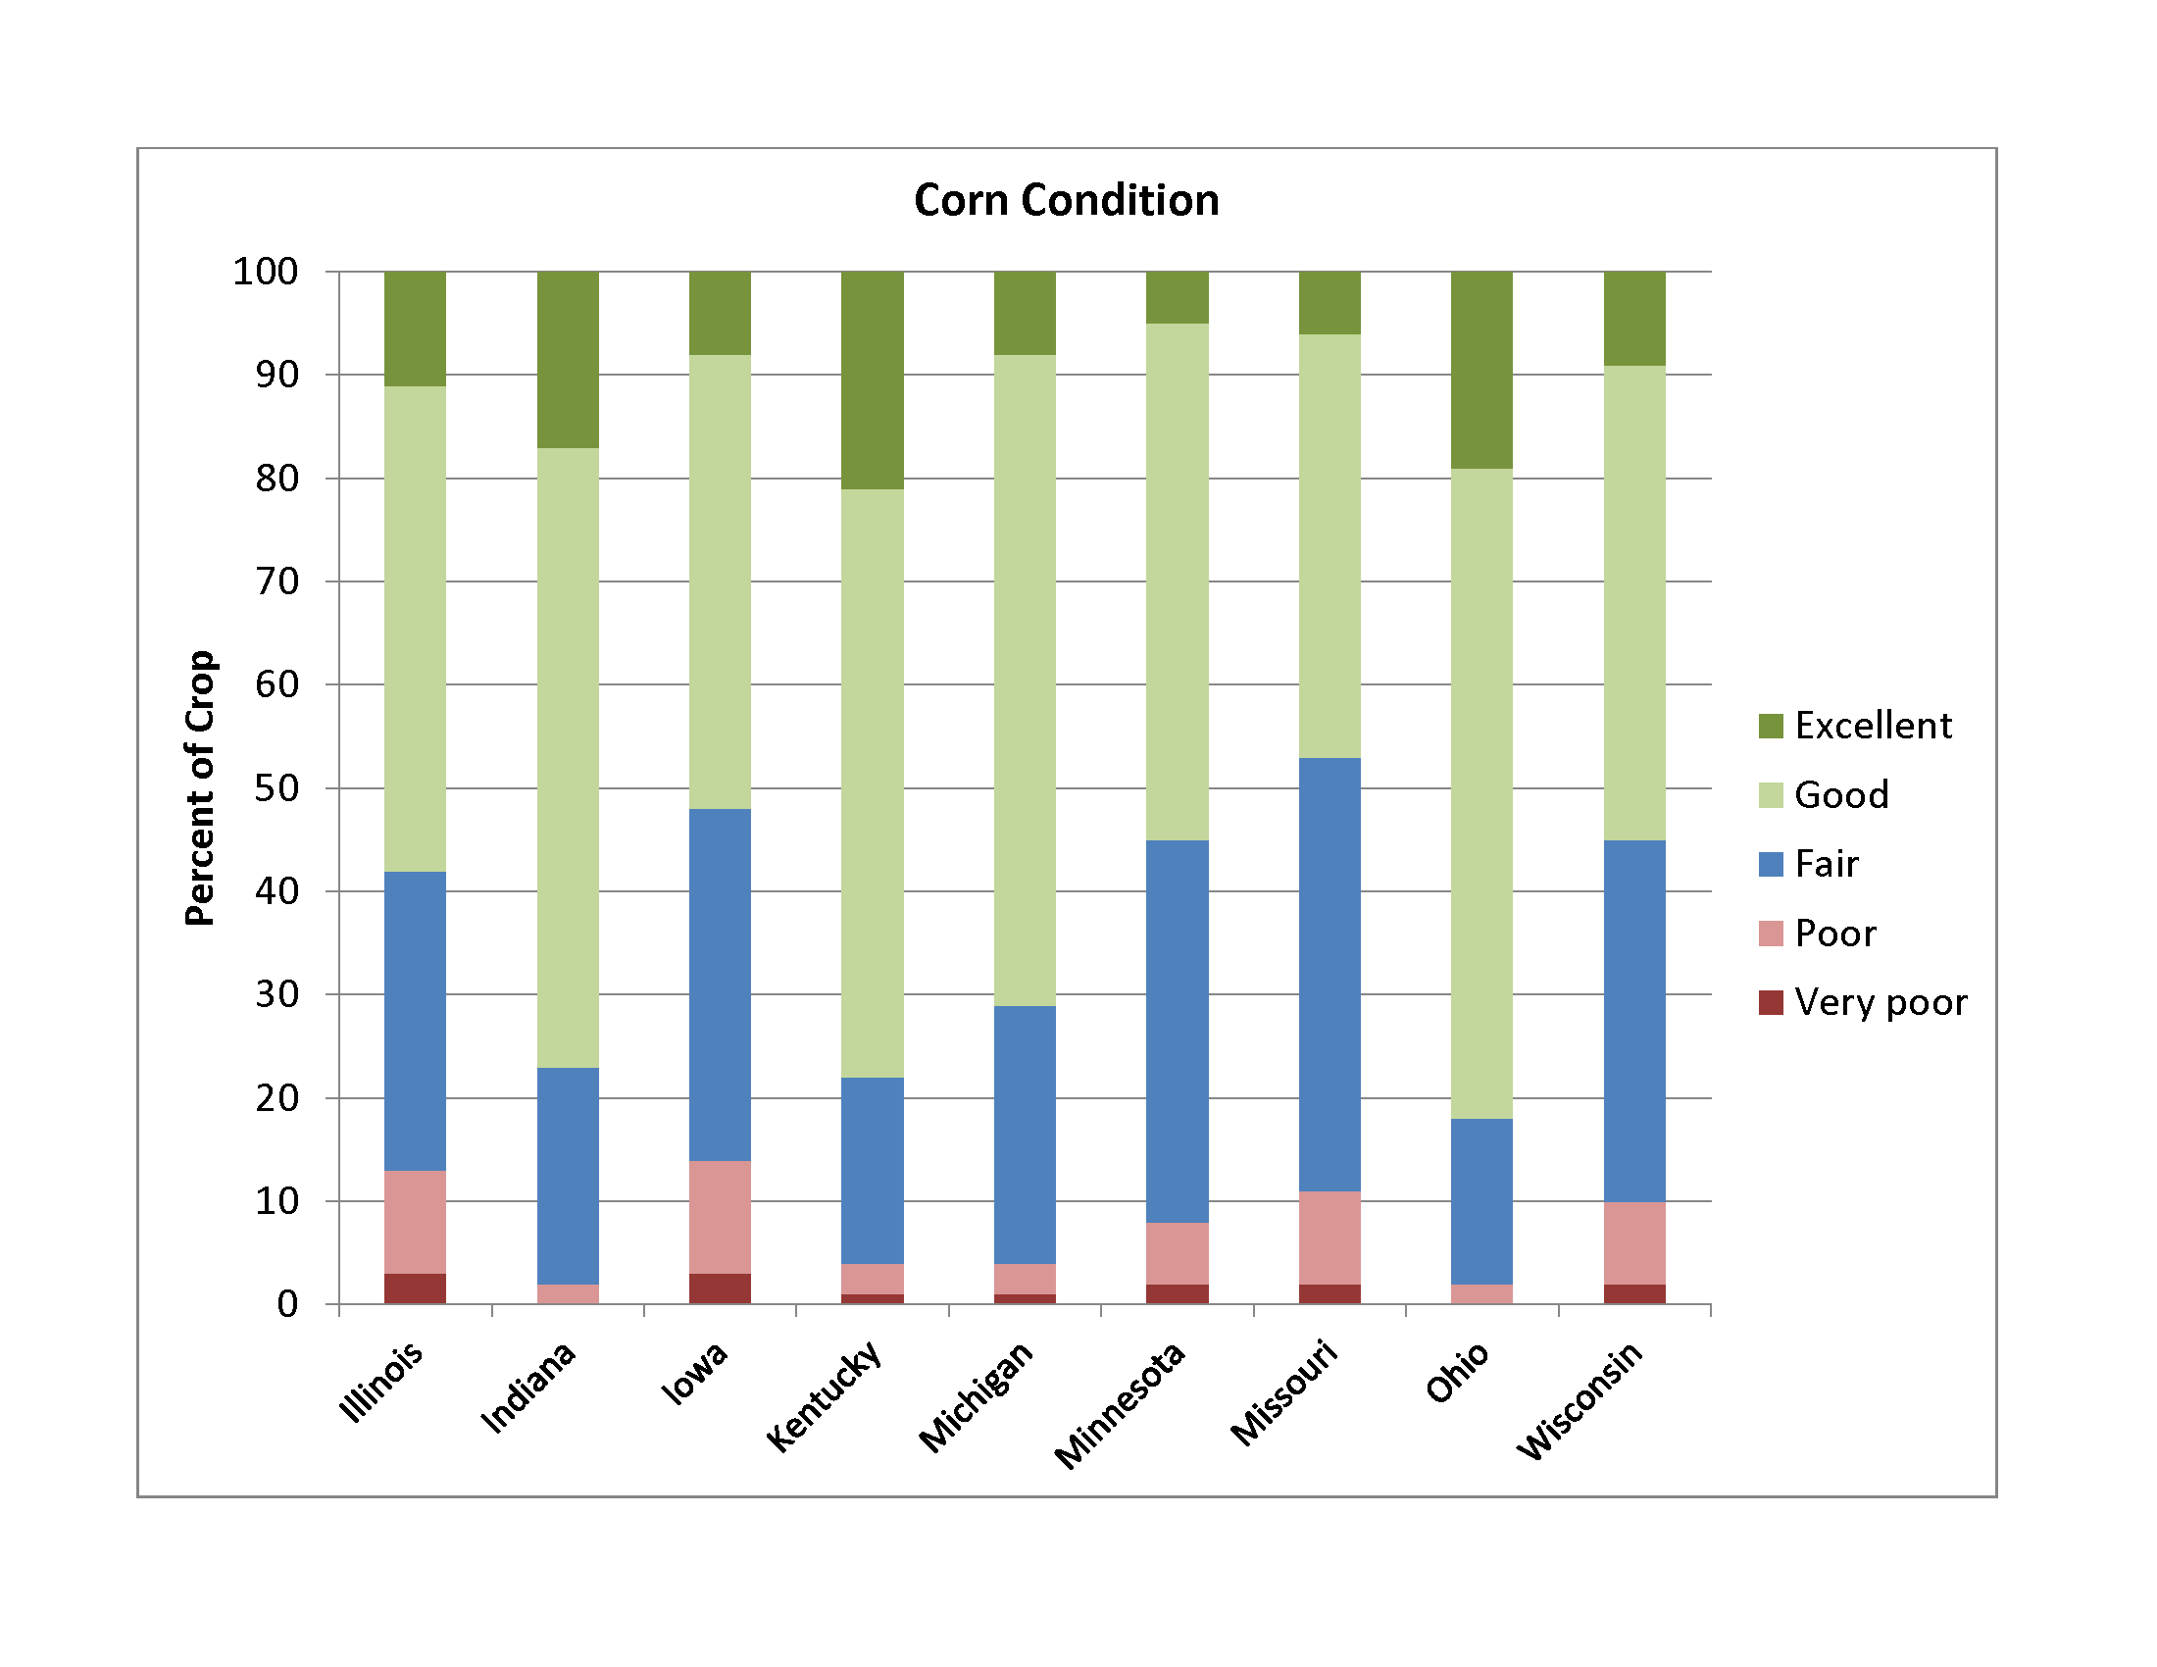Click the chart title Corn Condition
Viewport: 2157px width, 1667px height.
pos(1066,200)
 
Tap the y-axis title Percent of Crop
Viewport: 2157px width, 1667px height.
pos(200,787)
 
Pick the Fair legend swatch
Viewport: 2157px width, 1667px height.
pos(1771,864)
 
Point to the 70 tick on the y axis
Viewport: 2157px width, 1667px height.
pos(277,581)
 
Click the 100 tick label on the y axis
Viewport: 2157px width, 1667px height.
pos(266,272)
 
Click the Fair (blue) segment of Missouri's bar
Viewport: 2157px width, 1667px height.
pos(1329,975)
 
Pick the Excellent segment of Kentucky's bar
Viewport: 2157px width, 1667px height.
pos(872,380)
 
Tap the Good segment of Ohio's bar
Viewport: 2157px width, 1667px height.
pos(1481,793)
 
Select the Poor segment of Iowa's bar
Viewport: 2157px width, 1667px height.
pos(720,1217)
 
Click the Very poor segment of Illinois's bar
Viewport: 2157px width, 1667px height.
pos(415,1288)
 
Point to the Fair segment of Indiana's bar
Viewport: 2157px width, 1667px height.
pos(568,1175)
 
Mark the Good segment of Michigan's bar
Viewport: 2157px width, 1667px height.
pos(1025,681)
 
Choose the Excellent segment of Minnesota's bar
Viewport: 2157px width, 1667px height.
pos(1178,297)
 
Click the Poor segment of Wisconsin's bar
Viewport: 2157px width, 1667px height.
pos(1634,1243)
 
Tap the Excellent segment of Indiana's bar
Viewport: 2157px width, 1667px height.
pos(568,360)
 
